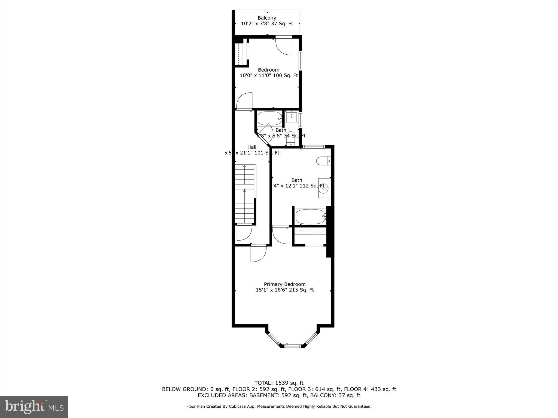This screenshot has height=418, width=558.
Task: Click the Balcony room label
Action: [x=267, y=18]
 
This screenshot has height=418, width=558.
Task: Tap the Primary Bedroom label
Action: [x=285, y=284]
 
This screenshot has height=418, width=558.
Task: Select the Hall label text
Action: [x=252, y=147]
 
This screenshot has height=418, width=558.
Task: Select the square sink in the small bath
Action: [x=292, y=117]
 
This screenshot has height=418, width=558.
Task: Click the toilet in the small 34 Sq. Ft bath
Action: [x=290, y=139]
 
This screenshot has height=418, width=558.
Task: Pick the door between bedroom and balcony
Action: [x=284, y=45]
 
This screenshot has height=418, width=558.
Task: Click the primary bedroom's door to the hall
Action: [x=258, y=253]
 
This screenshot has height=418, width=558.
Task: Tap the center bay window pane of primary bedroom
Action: [x=293, y=346]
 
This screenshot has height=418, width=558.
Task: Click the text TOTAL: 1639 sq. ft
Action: [x=279, y=383]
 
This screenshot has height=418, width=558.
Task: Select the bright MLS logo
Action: [x=34, y=407]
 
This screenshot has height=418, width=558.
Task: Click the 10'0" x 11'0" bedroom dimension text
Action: [x=269, y=75]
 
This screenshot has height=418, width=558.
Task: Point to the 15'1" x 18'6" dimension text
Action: [x=285, y=290]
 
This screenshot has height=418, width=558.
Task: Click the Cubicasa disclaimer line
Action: [x=279, y=407]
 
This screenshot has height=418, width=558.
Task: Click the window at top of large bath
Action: [x=314, y=147]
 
